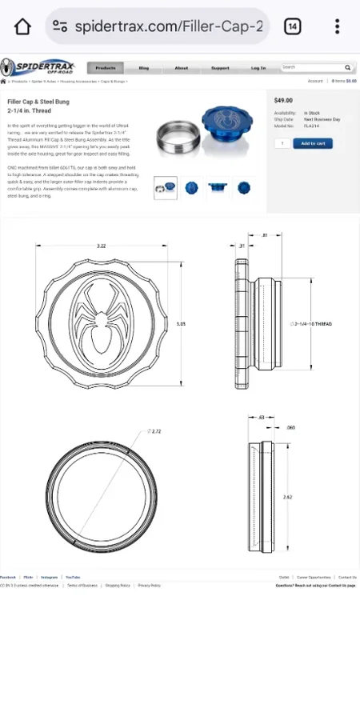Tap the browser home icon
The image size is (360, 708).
pos(22,26)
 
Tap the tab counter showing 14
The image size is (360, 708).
pos(293,26)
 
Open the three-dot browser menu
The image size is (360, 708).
pos(338,26)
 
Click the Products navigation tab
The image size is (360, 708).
pos(105,68)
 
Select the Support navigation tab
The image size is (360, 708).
pos(220,68)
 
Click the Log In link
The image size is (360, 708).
pos(258,68)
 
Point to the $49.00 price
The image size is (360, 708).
pos(283,101)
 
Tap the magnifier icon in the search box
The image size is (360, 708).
pos(348,68)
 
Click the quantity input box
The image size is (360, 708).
pos(282,143)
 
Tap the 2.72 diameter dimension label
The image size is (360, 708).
pos(155,431)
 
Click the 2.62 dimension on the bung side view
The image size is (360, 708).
pos(288,497)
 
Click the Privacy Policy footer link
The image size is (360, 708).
pos(149,586)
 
